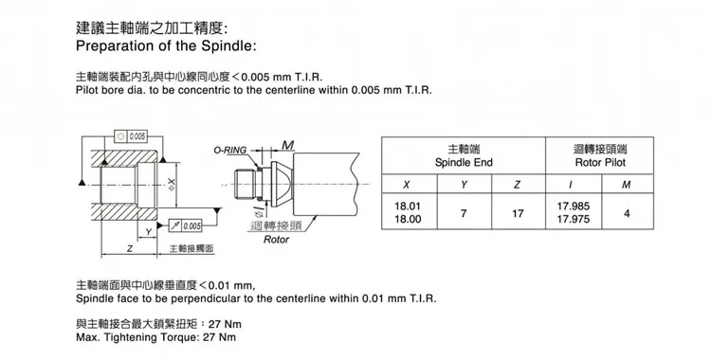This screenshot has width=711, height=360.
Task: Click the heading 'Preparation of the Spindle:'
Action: tap(164, 45)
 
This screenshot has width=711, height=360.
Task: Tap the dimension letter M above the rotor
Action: tap(287, 144)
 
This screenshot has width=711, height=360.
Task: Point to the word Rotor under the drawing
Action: tap(277, 241)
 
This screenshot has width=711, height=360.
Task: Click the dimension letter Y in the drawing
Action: tap(149, 230)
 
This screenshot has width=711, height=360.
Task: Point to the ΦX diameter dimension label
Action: tap(171, 183)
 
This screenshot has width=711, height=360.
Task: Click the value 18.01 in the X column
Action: tap(408, 205)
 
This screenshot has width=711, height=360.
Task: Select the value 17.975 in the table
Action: tap(574, 220)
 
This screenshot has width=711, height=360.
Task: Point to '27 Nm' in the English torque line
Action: tap(217, 337)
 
